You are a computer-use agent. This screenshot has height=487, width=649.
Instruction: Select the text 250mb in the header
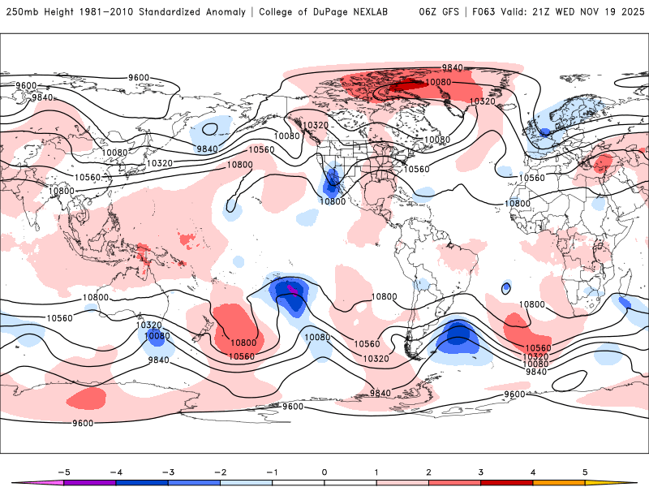[21, 12]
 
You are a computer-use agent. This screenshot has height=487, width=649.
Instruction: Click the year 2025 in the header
[628, 12]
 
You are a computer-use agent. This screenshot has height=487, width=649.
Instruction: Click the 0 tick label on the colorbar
[324, 471]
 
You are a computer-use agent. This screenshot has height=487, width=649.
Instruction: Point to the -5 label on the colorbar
[62, 471]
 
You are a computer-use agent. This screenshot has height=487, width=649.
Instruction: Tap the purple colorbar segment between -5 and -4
[89, 482]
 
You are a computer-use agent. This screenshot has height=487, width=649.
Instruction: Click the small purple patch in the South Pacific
[292, 288]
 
